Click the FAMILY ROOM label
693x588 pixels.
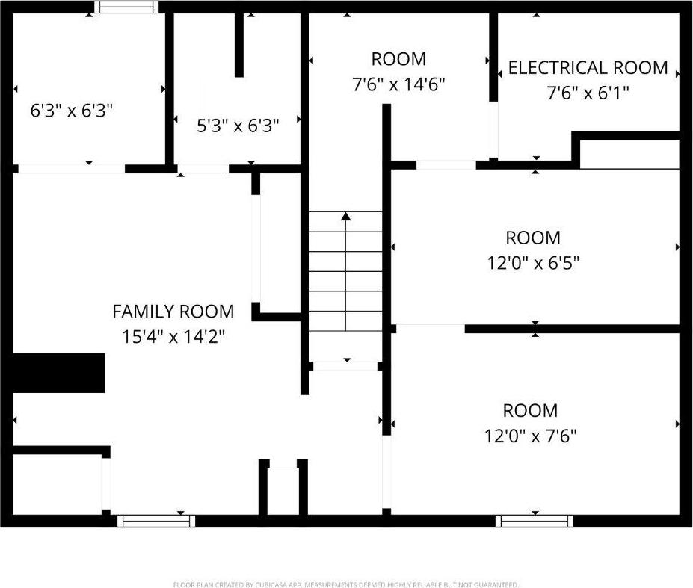pos(173,311)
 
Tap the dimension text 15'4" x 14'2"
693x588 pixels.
pos(173,336)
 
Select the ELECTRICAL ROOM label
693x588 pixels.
pos(588,67)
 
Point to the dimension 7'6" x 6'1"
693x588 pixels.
pos(588,93)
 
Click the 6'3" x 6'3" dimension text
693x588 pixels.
pos(72,111)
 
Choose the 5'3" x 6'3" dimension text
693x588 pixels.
pos(238,126)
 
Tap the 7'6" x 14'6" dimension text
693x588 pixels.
pos(398,84)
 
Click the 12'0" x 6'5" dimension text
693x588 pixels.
pos(532,263)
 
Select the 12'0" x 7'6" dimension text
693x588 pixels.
pos(530,435)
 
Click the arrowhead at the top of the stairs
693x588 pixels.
pos(345,216)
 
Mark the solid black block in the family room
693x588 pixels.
pos(59,373)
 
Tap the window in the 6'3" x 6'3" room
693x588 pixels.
pos(126,7)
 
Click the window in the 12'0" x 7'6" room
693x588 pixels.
pos(535,520)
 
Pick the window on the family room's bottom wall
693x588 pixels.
pos(157,520)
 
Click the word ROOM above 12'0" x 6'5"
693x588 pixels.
pos(532,238)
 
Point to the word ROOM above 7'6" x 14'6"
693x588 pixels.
pos(398,59)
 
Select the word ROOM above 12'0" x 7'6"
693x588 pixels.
pos(530,410)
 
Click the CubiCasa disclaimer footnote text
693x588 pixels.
pos(346,584)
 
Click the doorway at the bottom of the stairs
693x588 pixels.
pos(345,366)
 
